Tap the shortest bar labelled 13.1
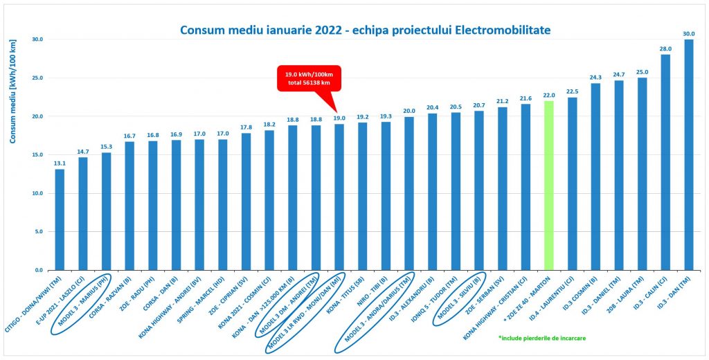click(x=60, y=219)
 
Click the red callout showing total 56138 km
click(x=308, y=77)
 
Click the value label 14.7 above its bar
click(x=83, y=152)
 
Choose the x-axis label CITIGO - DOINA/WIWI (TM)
click(x=35, y=305)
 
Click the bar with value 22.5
click(x=573, y=183)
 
